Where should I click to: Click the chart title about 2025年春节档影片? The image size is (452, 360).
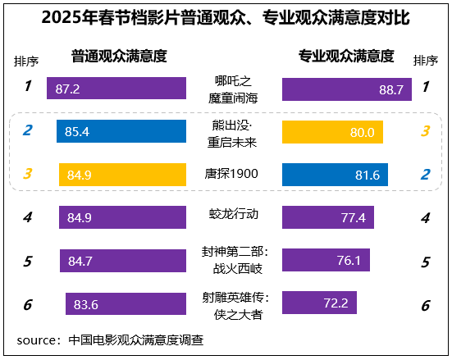coord(226,17)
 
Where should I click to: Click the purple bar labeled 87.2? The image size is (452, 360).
coord(116,89)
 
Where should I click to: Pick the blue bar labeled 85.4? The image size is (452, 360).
coord(121,131)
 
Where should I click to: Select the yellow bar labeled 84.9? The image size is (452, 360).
coord(122,175)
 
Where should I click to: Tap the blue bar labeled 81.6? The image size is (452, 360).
coord(335,175)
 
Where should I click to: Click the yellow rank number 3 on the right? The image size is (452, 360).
coord(425,131)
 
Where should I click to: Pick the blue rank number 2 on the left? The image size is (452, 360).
coord(27,130)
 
